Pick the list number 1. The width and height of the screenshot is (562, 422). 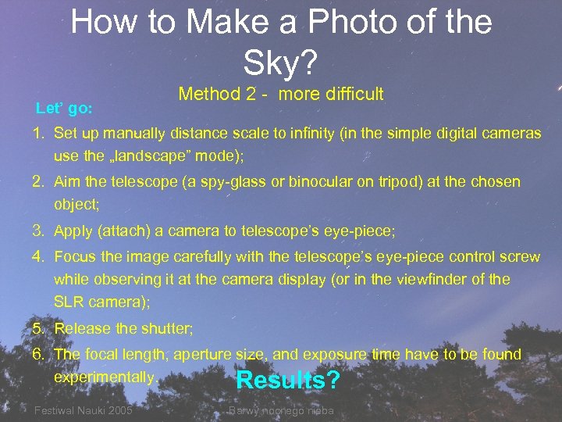(x=37, y=134)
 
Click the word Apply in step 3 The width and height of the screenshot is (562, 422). (x=75, y=231)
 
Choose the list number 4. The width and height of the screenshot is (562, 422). (x=37, y=257)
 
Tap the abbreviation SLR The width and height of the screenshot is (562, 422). (x=68, y=302)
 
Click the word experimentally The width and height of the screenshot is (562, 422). (x=104, y=377)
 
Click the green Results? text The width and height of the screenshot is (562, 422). (x=288, y=381)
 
